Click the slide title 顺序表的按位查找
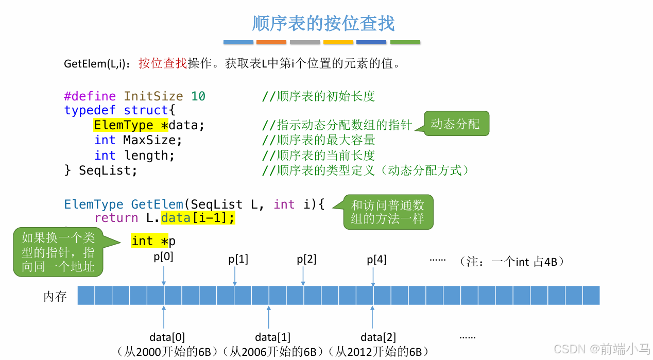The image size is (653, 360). [323, 24]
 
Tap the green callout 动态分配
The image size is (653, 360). [456, 124]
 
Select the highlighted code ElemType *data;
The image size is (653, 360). [149, 125]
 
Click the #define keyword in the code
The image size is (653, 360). [90, 96]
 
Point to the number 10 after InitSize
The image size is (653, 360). [198, 96]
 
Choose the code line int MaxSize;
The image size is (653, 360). [138, 140]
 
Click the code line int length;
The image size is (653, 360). [134, 156]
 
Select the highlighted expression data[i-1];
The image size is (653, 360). [198, 218]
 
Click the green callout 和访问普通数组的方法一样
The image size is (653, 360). [388, 212]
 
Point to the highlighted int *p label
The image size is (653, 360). [153, 241]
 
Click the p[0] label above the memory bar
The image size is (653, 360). [164, 256]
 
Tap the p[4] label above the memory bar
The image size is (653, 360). [376, 260]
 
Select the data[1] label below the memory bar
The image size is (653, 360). [272, 338]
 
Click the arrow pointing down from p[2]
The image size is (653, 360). [303, 276]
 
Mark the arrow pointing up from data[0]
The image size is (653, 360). [164, 317]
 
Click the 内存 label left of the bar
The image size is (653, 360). [55, 296]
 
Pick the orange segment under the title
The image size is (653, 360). [271, 42]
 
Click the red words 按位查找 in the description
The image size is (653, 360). [163, 64]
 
